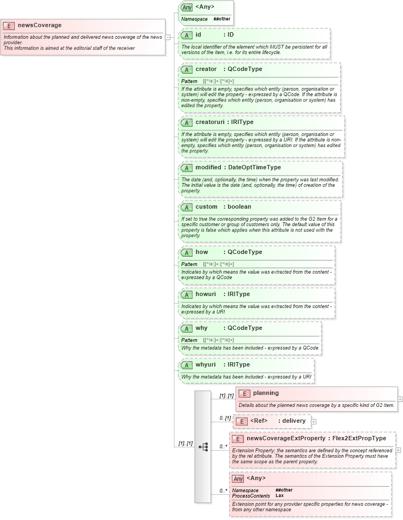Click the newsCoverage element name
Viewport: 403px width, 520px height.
39,25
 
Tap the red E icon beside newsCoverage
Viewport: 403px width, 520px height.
9,25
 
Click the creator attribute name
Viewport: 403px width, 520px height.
206,69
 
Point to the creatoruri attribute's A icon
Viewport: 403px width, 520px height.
186,122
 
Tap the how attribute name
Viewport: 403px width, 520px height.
202,252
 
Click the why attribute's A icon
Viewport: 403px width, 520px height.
186,328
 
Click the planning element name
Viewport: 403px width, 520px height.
266,393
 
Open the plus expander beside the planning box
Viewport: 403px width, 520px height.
401,399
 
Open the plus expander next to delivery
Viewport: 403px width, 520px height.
314,421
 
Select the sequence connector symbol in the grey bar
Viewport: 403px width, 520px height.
203,446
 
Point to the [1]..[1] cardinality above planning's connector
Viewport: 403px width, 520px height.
226,395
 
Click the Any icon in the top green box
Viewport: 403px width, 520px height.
186,8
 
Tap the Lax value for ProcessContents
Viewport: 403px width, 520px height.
279,495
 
